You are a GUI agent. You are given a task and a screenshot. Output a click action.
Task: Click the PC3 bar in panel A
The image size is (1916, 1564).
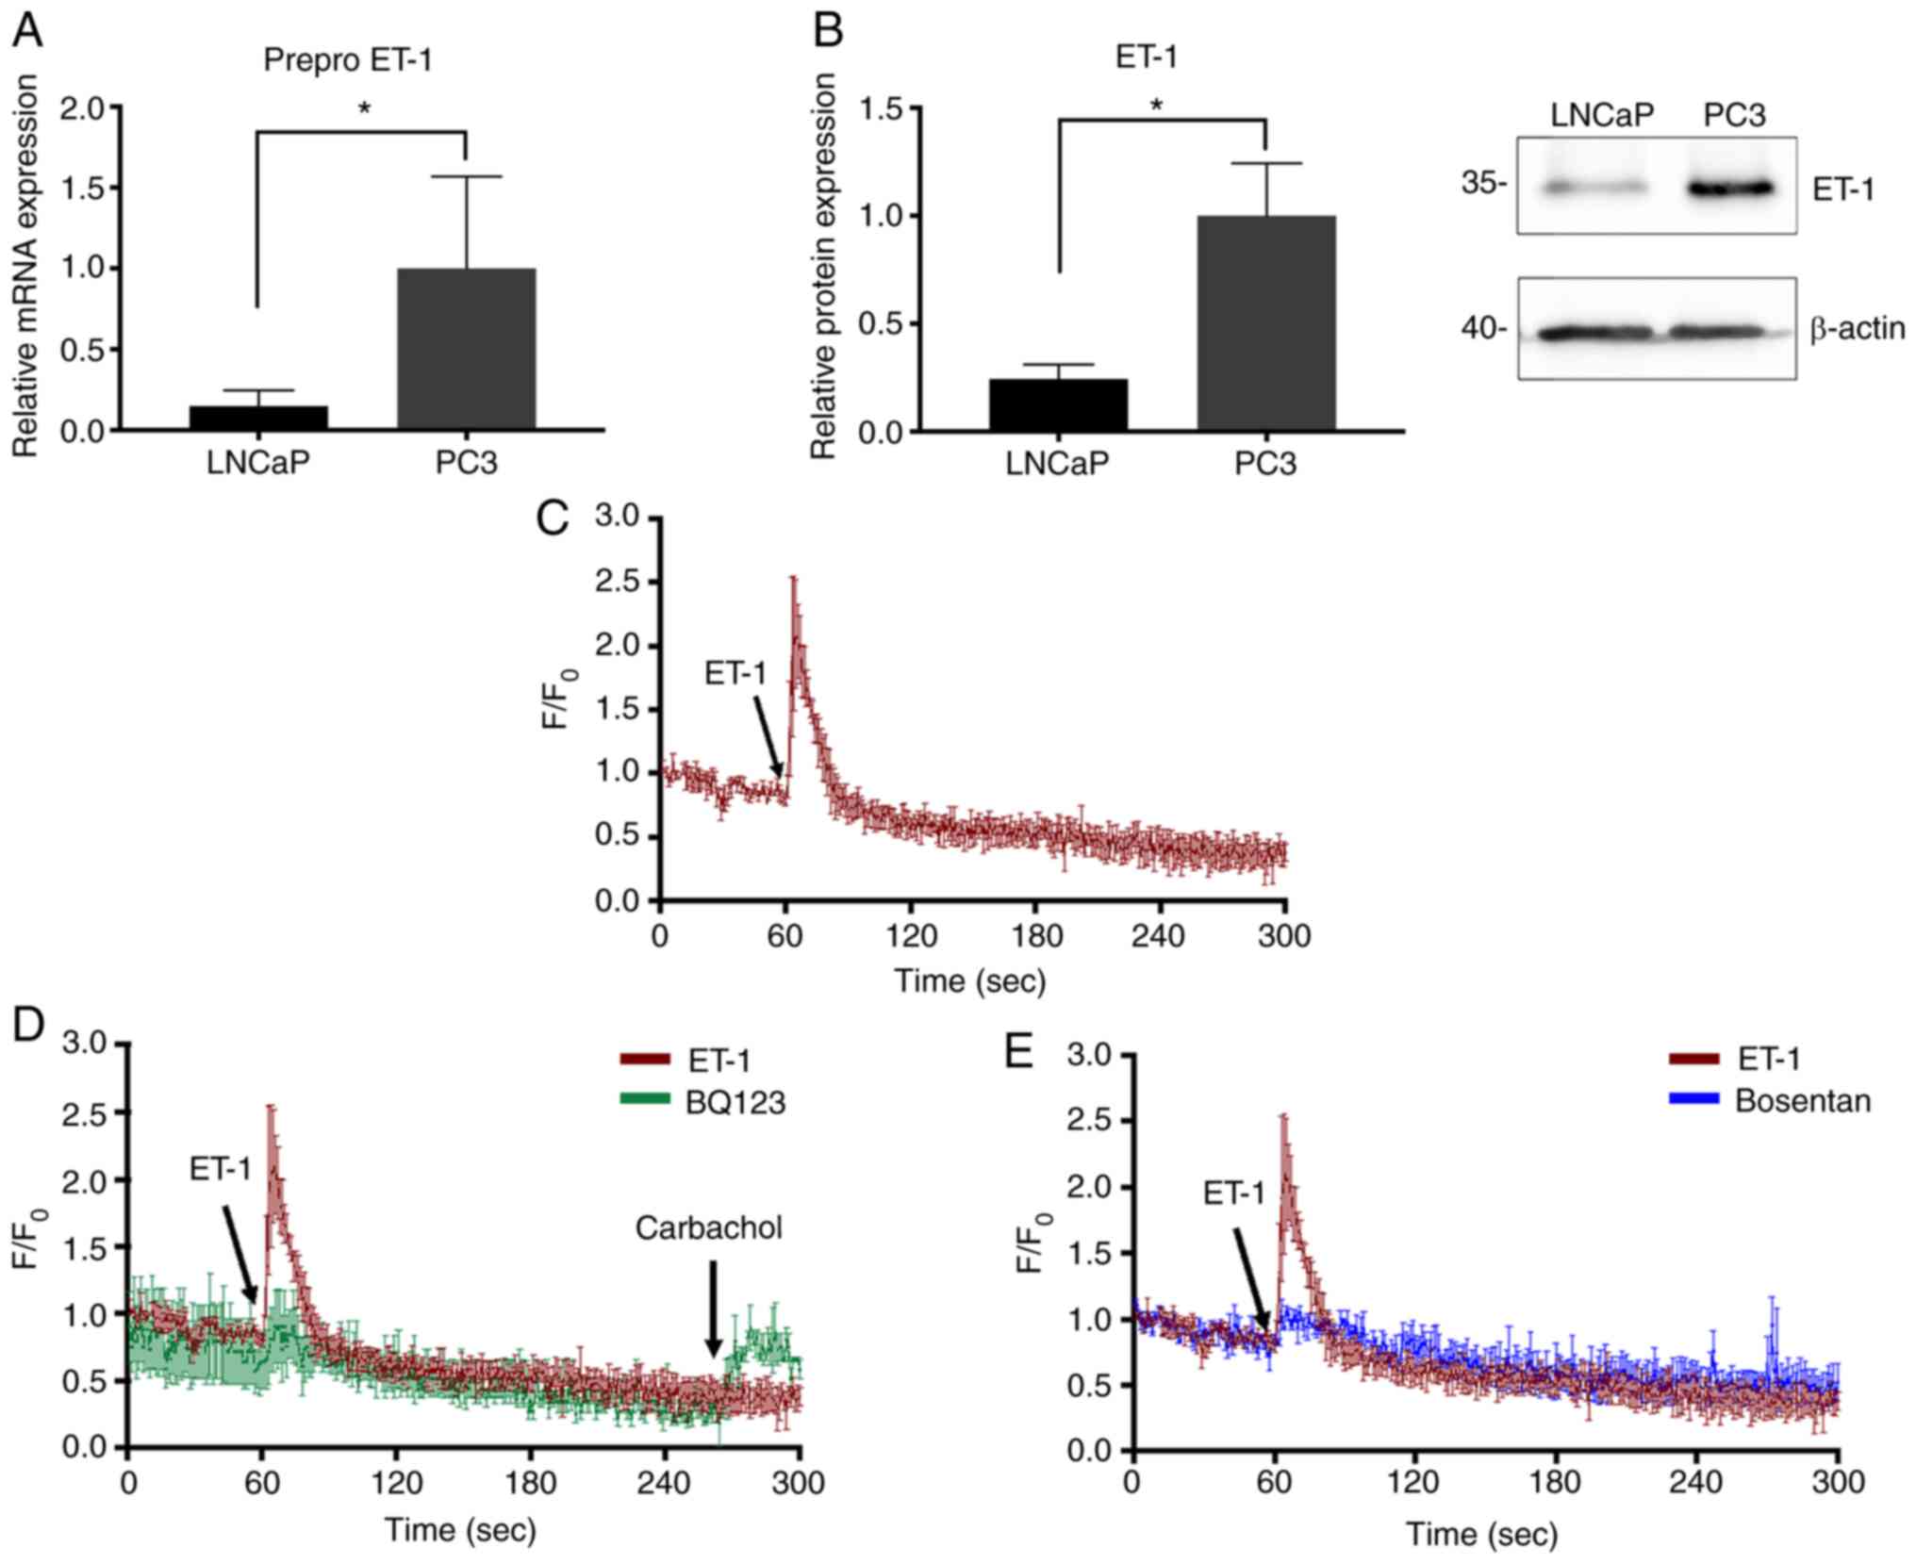pos(466,349)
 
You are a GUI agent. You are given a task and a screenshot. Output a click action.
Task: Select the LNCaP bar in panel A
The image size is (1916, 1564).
pos(258,417)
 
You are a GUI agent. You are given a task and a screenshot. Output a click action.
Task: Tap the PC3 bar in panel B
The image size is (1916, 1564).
pos(1265,323)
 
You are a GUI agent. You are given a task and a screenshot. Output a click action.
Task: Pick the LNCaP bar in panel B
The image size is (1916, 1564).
pos(1058,404)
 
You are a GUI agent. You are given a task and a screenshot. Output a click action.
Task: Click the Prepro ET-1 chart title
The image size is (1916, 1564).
pos(347,60)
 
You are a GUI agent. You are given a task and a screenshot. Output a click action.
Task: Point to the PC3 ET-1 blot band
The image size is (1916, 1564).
pos(1731,189)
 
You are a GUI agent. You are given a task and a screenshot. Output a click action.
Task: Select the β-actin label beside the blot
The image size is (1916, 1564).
pos(1857,329)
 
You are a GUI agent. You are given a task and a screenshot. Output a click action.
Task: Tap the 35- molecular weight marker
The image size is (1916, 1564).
pos(1483,183)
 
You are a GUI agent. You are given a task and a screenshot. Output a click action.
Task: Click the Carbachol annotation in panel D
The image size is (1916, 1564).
pos(708,1227)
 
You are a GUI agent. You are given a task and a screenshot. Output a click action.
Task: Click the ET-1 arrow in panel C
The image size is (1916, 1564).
pos(768,736)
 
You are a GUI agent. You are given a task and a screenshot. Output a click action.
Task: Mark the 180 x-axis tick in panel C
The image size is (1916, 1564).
pos(1035,936)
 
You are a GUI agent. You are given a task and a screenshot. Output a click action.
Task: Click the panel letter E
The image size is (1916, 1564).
pos(1019,1052)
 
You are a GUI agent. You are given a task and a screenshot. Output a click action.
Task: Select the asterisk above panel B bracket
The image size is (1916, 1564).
pos(1156,105)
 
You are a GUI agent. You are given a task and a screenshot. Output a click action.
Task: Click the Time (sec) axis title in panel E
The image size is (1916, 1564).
pos(1481,1534)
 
